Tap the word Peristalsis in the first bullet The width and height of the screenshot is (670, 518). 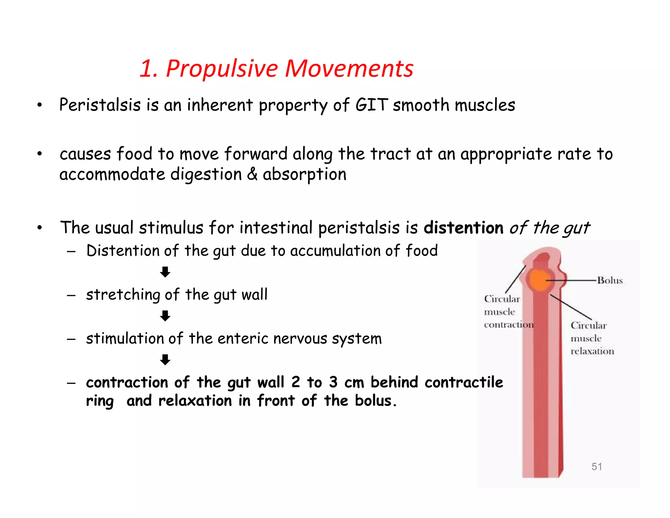point(100,105)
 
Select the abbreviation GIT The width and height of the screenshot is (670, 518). point(372,105)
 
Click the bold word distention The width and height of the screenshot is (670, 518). point(463,228)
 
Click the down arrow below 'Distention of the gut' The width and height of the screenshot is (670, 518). point(165,272)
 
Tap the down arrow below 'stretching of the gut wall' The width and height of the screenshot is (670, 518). point(165,316)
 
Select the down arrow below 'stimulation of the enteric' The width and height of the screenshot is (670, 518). point(165,360)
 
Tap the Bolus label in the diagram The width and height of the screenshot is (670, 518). point(610,280)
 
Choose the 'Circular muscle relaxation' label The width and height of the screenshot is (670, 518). point(592,338)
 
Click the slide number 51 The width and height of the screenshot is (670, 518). point(597,466)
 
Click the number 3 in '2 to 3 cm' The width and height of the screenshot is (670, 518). point(333,382)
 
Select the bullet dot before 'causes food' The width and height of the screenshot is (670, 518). point(40,154)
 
